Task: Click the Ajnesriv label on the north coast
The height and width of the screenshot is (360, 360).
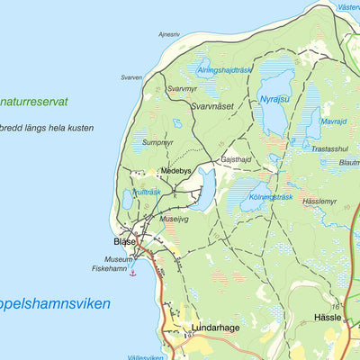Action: [x=169, y=35]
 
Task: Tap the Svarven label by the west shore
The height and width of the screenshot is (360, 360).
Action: [x=131, y=77]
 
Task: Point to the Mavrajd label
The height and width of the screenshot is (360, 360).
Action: [x=333, y=120]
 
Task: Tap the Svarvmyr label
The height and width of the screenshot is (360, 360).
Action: [x=182, y=89]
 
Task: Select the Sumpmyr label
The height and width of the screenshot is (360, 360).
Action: [x=157, y=142]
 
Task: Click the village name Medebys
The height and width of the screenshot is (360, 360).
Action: [x=175, y=170]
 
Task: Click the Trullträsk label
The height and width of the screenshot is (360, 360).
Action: [x=146, y=192]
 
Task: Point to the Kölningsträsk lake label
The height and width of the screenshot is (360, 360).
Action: [x=273, y=197]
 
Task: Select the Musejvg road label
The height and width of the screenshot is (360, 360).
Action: [x=175, y=218]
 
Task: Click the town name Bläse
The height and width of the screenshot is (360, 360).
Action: [x=124, y=242]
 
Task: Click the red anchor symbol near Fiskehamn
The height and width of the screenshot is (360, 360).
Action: [x=132, y=272]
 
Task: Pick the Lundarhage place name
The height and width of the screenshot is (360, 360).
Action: [x=215, y=328]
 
